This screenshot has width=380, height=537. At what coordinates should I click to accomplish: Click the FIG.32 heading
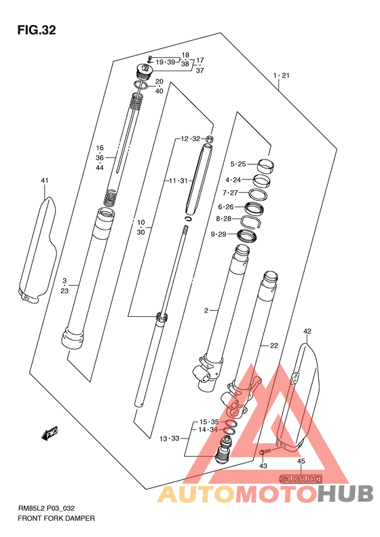[x=36, y=31]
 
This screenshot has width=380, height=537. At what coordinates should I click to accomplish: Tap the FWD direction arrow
[x=50, y=433]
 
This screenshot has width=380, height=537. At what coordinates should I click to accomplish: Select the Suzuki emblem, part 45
[x=301, y=479]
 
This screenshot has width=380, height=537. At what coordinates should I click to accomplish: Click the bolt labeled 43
[x=265, y=451]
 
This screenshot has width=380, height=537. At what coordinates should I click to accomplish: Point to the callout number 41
[x=45, y=181]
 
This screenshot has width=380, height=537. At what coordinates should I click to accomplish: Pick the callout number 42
[x=307, y=331]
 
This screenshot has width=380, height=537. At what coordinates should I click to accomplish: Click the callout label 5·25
[x=238, y=164]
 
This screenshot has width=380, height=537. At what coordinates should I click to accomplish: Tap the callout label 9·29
[x=218, y=234]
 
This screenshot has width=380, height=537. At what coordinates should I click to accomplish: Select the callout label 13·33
[x=170, y=439]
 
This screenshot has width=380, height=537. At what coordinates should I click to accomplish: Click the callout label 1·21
[x=282, y=75]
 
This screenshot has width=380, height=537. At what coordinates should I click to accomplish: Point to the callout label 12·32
[x=191, y=139]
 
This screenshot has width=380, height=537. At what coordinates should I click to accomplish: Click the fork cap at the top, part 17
[x=144, y=71]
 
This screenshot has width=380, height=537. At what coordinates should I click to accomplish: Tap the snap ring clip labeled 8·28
[x=252, y=222]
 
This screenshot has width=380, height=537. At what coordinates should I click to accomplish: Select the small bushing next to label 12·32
[x=210, y=138]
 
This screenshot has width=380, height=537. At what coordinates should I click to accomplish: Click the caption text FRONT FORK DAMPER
[x=56, y=519]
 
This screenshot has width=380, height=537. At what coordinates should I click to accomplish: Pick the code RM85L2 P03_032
[x=46, y=508]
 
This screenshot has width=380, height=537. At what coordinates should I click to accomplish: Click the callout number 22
[x=274, y=346]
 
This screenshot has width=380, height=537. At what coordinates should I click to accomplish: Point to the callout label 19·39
[x=166, y=62]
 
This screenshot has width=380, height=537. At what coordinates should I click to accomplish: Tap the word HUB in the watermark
[x=345, y=493]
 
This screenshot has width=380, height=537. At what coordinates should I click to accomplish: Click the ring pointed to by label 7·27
[x=258, y=194]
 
